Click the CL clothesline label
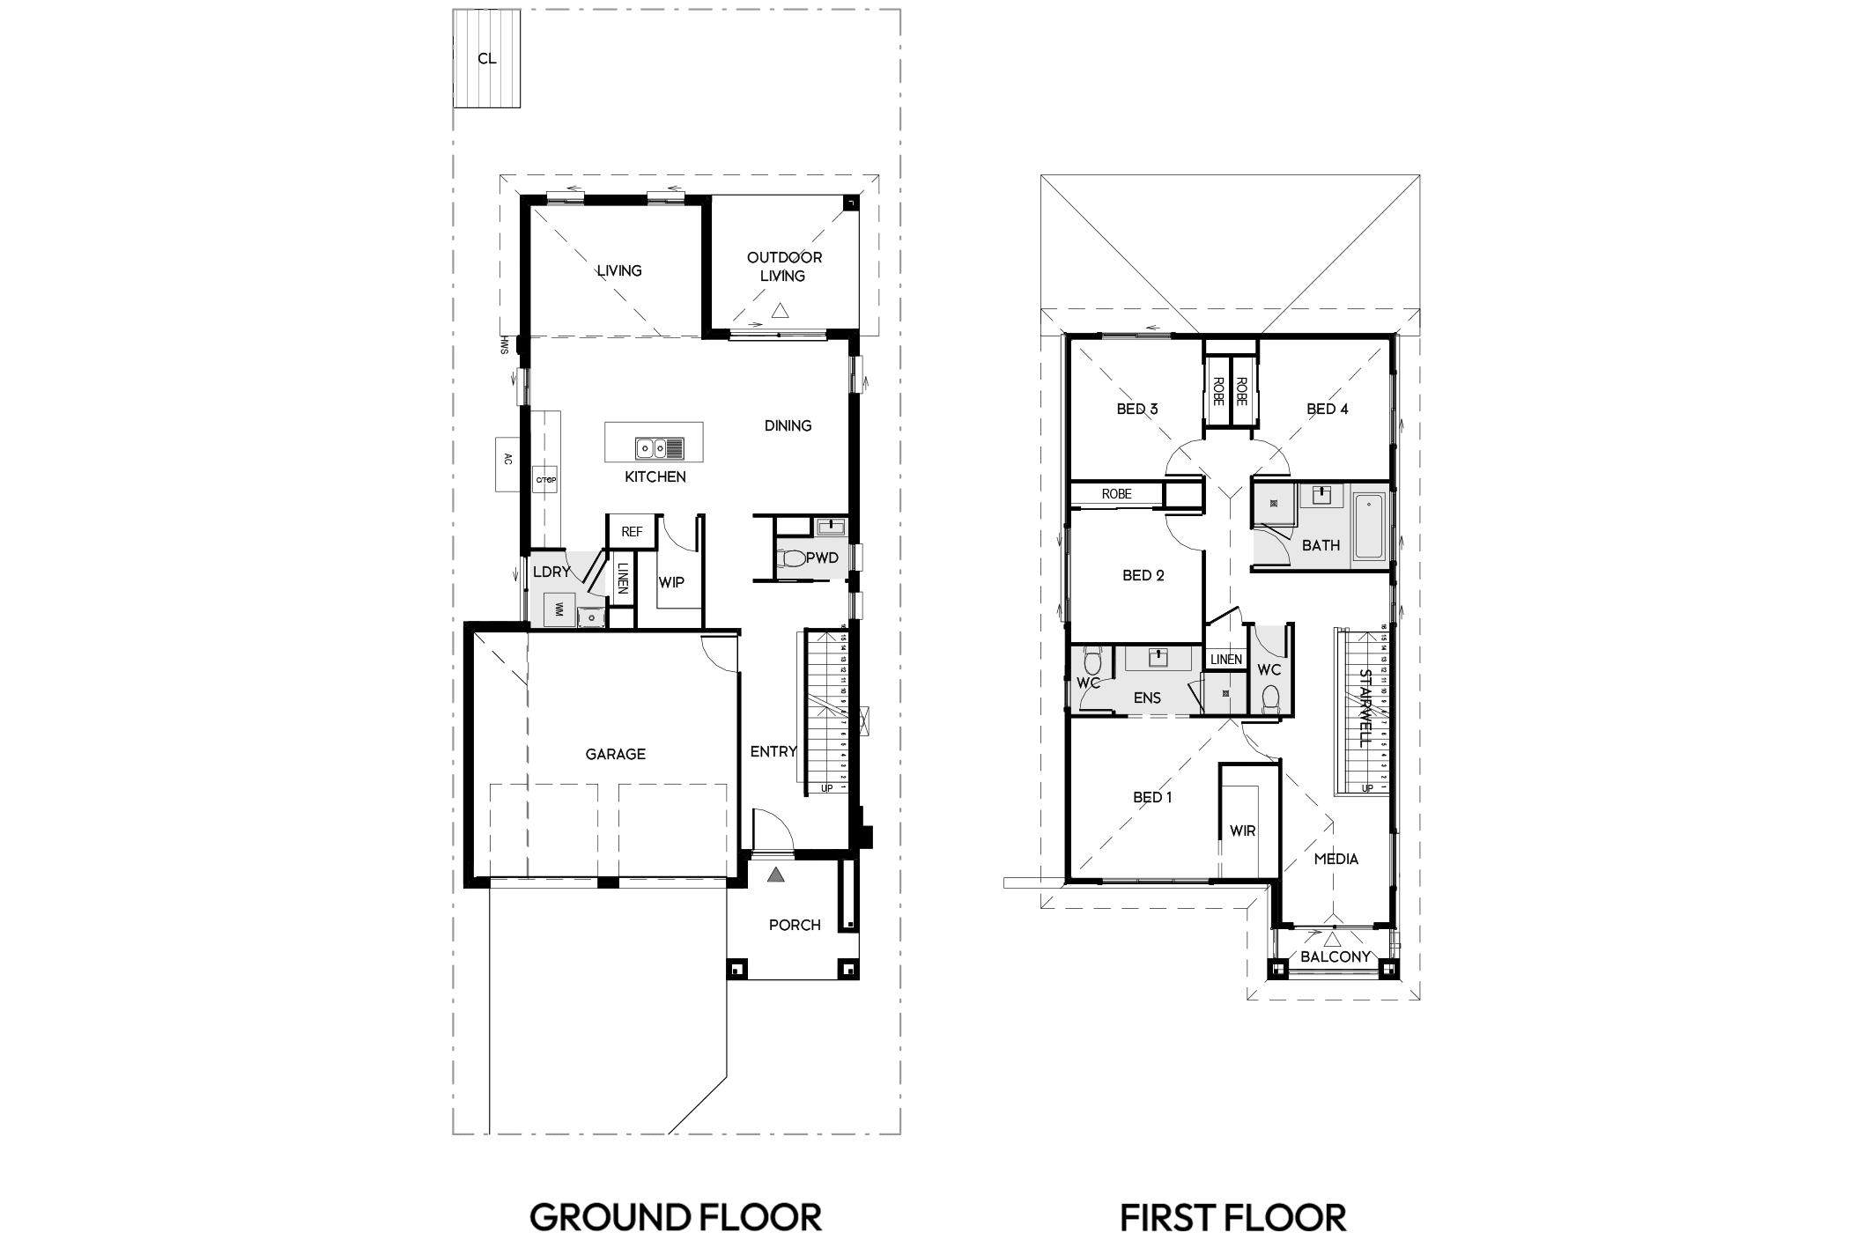point(486,59)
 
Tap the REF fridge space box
point(632,532)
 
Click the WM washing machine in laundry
point(559,609)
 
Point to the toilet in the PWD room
point(792,558)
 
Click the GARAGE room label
point(615,754)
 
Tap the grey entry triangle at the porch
point(775,875)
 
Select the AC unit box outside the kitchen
point(507,464)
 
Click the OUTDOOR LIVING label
point(784,266)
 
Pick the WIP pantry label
point(671,582)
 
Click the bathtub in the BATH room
point(1368,527)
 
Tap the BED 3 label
point(1136,409)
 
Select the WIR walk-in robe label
point(1242,831)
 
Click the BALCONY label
point(1335,956)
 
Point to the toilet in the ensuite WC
point(1093,662)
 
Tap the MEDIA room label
point(1336,859)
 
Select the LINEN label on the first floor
point(1225,659)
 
